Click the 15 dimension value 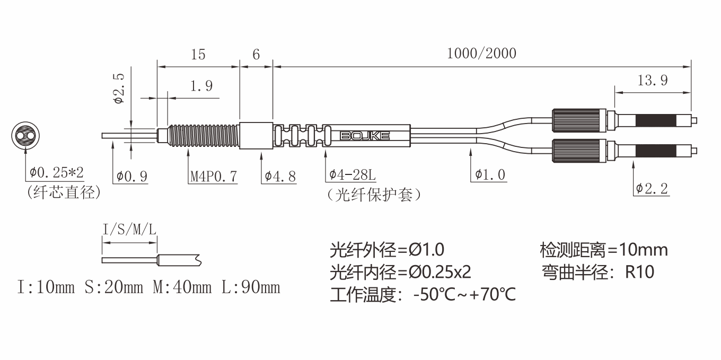(x=198, y=55)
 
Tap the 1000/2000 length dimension (x=481, y=54)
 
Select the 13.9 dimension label (x=653, y=80)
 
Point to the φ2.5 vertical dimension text (x=119, y=88)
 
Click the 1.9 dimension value (x=201, y=86)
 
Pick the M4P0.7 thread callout (x=214, y=177)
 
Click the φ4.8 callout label (x=280, y=177)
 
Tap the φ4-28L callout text (x=353, y=175)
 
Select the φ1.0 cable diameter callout (x=490, y=175)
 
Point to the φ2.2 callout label (x=652, y=189)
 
